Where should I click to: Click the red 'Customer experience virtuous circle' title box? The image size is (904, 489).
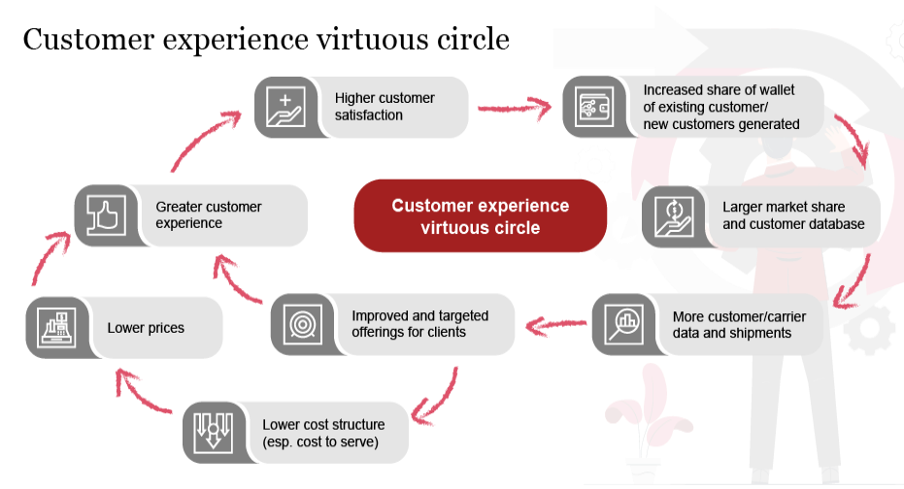pos(480,216)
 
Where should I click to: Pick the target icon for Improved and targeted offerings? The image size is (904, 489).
pos(302,324)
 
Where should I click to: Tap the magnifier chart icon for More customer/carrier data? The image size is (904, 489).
pos(622,324)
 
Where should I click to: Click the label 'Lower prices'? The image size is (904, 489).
pos(146,328)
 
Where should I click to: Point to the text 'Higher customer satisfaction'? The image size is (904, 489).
pos(385,107)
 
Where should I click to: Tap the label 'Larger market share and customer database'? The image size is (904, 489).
pos(792,216)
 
